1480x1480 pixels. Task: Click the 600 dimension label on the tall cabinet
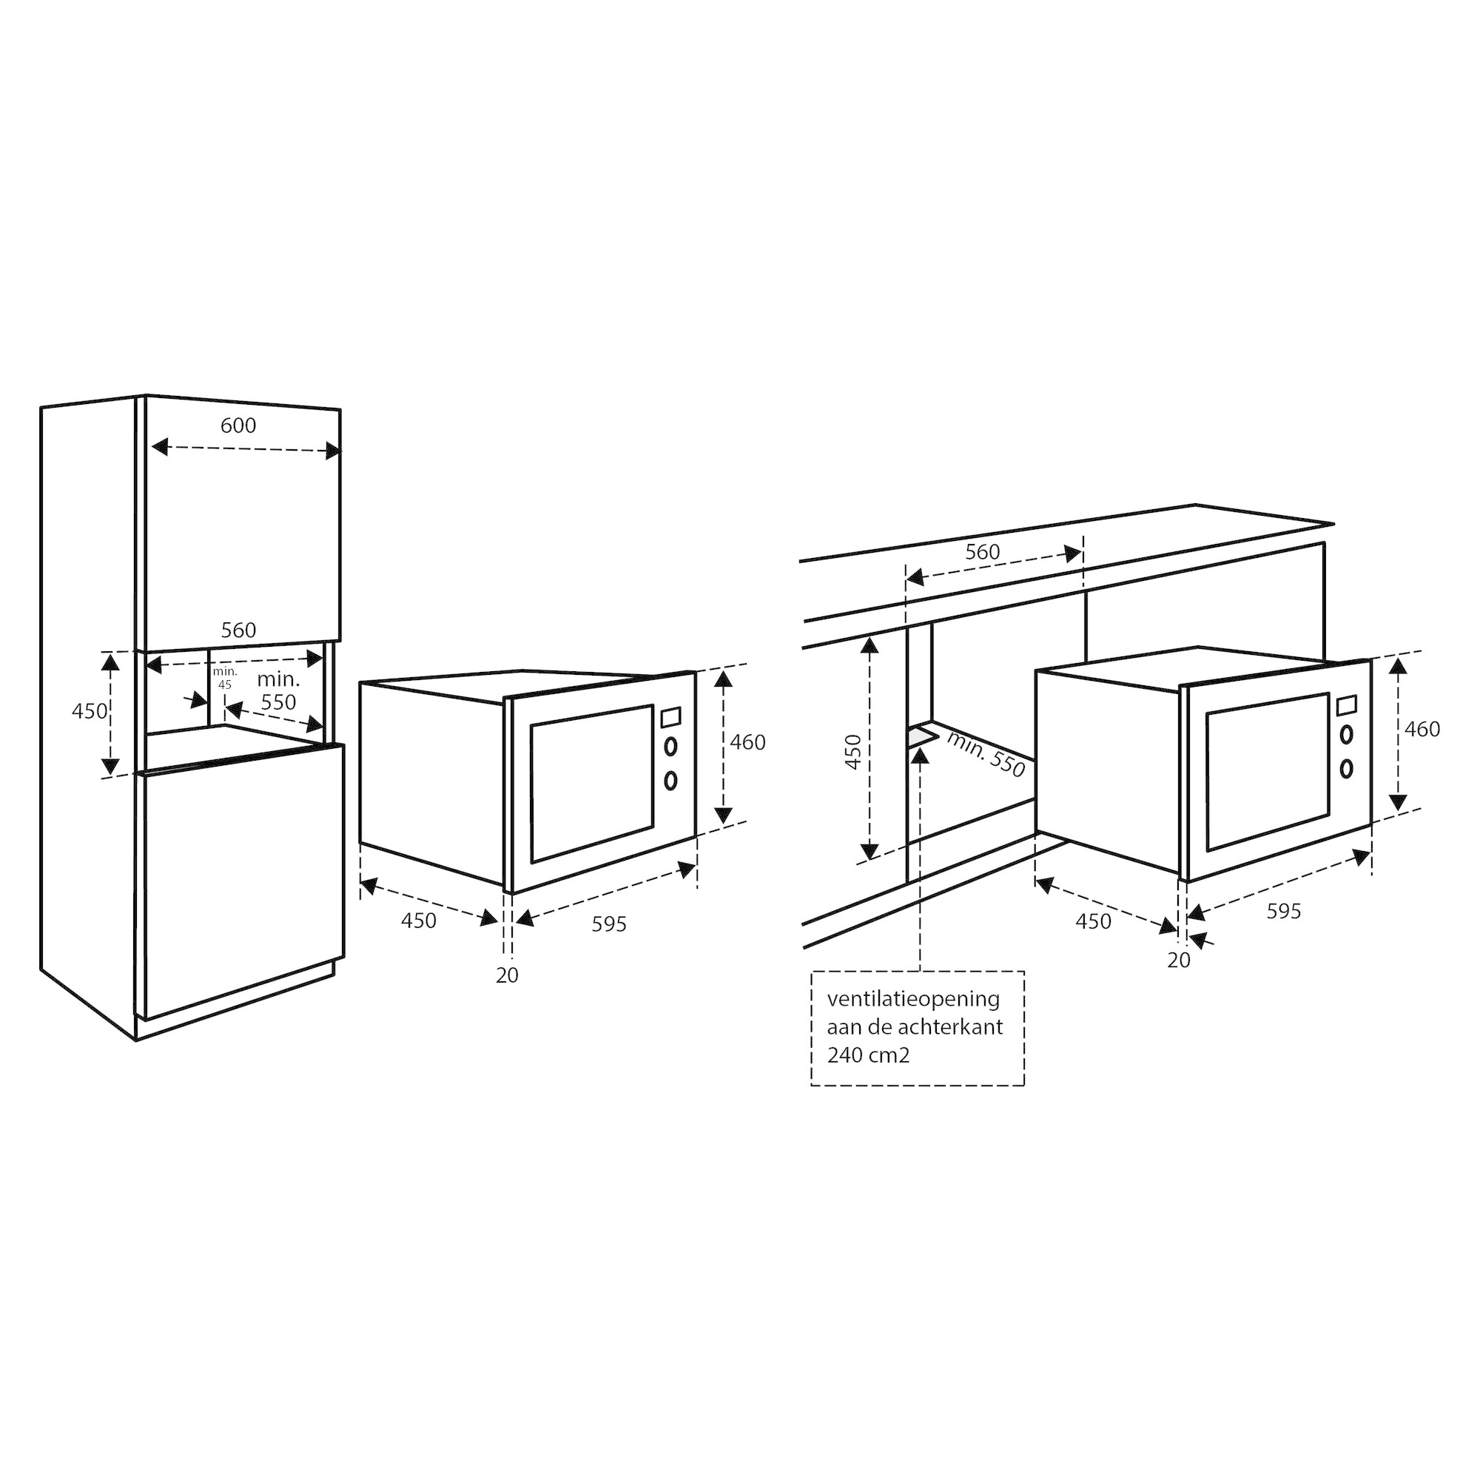[238, 425]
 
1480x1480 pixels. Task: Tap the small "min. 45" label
[224, 678]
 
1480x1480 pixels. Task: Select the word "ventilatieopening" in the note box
[913, 999]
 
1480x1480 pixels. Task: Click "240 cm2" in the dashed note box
[868, 1056]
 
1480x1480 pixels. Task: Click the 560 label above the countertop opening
[982, 551]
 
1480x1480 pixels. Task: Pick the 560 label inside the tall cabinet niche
[238, 630]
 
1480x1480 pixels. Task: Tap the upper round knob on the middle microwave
[670, 745]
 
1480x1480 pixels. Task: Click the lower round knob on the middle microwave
[670, 780]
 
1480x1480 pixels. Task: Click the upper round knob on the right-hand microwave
[1346, 735]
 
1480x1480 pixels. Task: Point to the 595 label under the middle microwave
[609, 924]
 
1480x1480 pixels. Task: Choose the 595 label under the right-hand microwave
[1283, 911]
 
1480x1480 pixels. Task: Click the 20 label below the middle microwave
[507, 975]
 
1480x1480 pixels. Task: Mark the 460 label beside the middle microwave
[747, 742]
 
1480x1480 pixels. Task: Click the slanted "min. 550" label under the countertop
[986, 755]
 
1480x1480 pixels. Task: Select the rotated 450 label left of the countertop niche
[852, 752]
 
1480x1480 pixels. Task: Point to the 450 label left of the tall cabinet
[90, 711]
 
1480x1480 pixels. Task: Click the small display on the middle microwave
[670, 717]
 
